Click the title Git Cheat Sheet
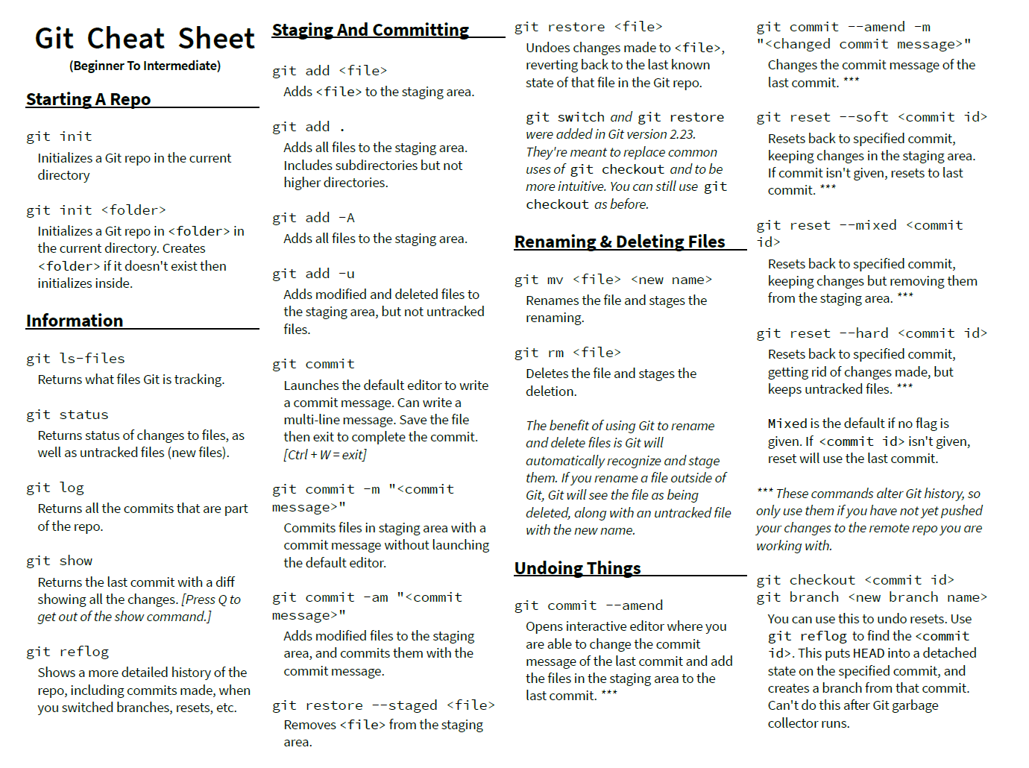pyautogui.click(x=145, y=38)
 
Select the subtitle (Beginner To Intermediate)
pyautogui.click(x=145, y=66)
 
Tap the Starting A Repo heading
pyautogui.click(x=88, y=99)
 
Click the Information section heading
pyautogui.click(x=75, y=321)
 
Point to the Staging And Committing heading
pyautogui.click(x=370, y=30)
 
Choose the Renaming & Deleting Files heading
pyautogui.click(x=619, y=242)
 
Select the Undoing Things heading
pyautogui.click(x=577, y=568)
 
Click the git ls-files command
pyautogui.click(x=75, y=359)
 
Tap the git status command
pyautogui.click(x=67, y=415)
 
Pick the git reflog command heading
pyautogui.click(x=67, y=652)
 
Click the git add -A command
pyautogui.click(x=313, y=218)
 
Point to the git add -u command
pyautogui.click(x=313, y=274)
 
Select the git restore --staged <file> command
pyautogui.click(x=383, y=705)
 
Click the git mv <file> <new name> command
pyautogui.click(x=613, y=280)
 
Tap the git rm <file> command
pyautogui.click(x=567, y=353)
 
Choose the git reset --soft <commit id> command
pyautogui.click(x=872, y=117)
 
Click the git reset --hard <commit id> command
pyautogui.click(x=872, y=333)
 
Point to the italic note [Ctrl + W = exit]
pyautogui.click(x=324, y=454)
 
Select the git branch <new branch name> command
pyautogui.click(x=872, y=597)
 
